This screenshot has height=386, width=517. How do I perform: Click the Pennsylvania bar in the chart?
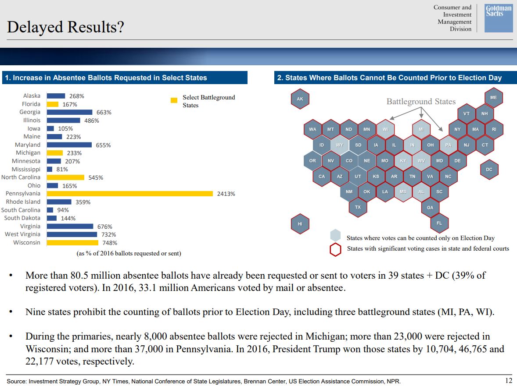click(129, 194)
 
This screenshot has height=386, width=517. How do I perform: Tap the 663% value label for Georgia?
click(104, 112)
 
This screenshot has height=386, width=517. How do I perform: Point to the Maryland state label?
click(27, 145)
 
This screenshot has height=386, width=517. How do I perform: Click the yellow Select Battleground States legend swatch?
click(174, 100)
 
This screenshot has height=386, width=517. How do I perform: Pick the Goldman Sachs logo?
click(499, 18)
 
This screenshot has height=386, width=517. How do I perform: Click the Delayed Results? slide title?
click(65, 27)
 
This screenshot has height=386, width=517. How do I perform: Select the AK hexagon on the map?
click(300, 99)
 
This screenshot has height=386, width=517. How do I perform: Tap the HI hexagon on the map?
click(300, 224)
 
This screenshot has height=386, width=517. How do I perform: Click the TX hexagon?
click(358, 207)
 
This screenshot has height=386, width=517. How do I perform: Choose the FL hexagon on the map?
click(439, 223)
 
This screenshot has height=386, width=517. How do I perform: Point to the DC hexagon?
click(489, 170)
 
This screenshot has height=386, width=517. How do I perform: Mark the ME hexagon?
click(493, 98)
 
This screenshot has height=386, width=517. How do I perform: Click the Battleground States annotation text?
click(421, 102)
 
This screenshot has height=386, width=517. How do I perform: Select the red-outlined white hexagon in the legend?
click(335, 249)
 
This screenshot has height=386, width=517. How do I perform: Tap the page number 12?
click(509, 380)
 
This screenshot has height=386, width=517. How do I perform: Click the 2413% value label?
click(226, 194)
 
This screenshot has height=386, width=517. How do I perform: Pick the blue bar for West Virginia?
click(72, 234)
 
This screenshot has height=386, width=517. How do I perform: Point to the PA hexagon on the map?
click(448, 145)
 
